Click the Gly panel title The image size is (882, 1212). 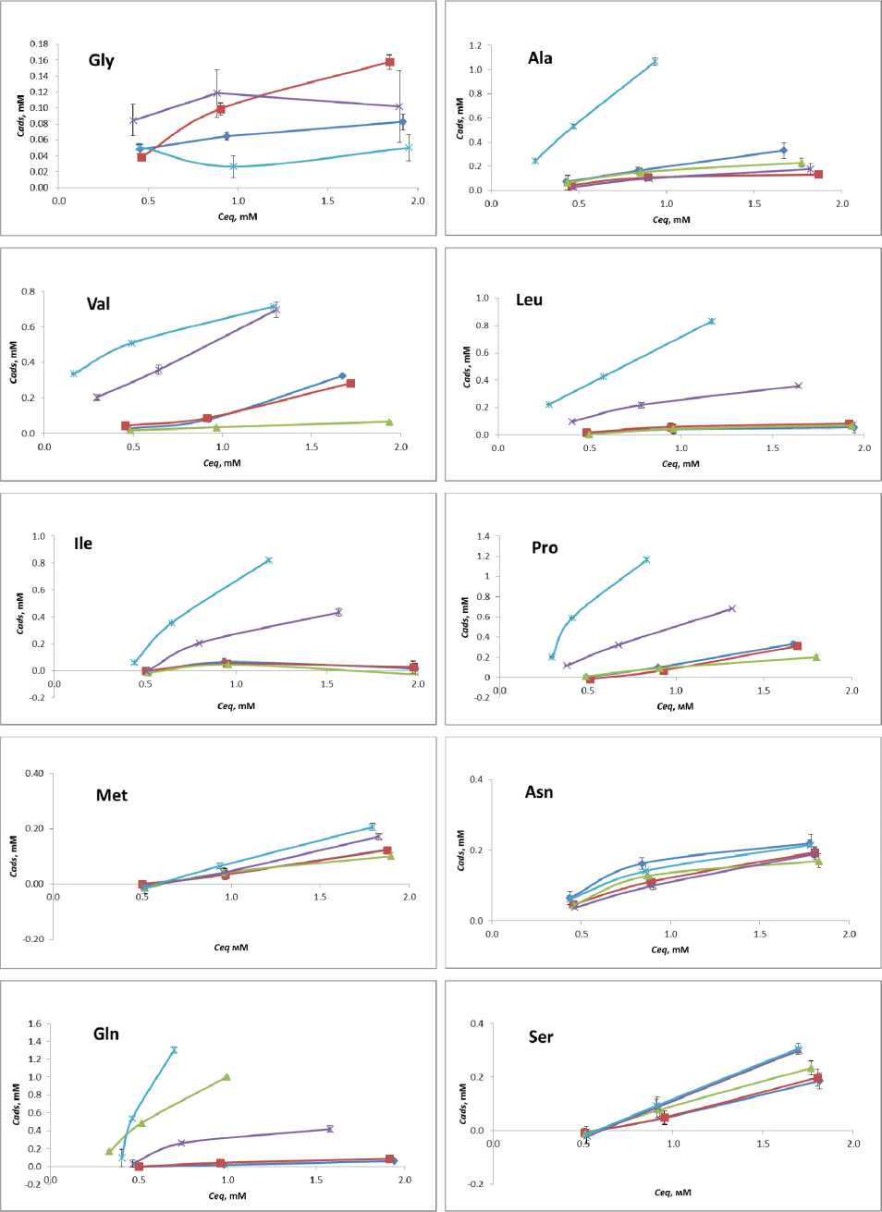tap(102, 61)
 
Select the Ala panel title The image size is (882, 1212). tap(540, 58)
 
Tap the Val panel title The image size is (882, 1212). tap(98, 304)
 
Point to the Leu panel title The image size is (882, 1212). tap(529, 300)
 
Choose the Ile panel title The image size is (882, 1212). tap(83, 544)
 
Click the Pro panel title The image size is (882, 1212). tap(545, 548)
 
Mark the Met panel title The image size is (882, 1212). tap(112, 795)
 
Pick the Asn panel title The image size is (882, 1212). tap(539, 792)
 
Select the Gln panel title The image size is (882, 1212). tap(106, 1034)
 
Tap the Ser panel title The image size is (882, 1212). tap(541, 1037)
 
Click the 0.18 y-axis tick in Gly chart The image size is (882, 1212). tap(39, 44)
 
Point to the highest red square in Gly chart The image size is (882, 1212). tap(390, 62)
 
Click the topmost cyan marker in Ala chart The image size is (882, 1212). tap(655, 62)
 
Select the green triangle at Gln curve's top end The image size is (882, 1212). tap(227, 1077)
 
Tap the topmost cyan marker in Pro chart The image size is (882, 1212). tap(646, 559)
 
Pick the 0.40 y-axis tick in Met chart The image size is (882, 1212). tap(34, 774)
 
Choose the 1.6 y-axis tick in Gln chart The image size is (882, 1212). tap(35, 1023)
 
